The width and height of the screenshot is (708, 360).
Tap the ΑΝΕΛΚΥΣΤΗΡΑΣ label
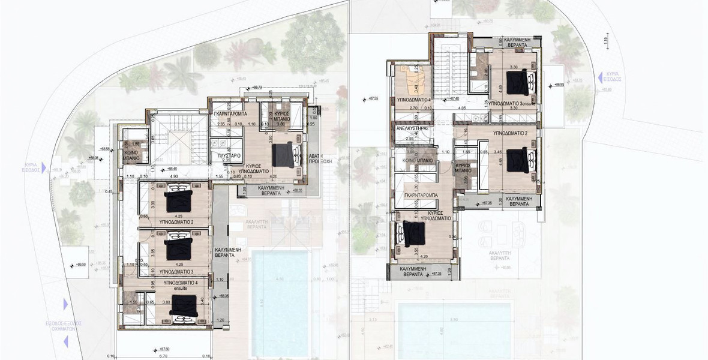408,128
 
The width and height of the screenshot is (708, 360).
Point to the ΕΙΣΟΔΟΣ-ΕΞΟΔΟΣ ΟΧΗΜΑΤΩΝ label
66,326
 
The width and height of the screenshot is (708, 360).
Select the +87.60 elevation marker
163,347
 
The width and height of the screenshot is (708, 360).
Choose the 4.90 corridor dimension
173,177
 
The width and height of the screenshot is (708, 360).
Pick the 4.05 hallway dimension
462,109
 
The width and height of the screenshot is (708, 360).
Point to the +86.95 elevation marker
559,85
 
